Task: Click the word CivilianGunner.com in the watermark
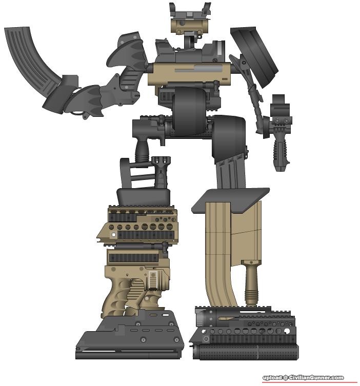pos(316,377)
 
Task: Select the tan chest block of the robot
pos(189,74)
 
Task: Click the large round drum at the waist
pos(189,111)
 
